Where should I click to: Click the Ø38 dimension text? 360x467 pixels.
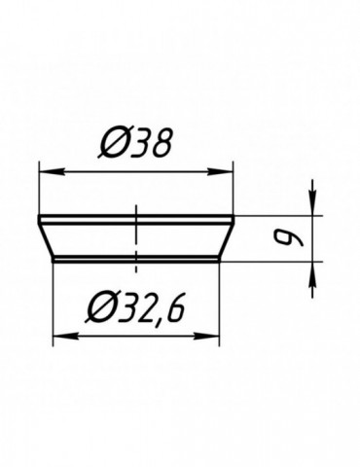tap(136, 145)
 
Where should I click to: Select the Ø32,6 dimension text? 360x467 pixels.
tap(136, 310)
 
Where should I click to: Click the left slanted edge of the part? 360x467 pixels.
tap(46, 238)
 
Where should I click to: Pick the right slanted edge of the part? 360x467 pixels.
tap(227, 238)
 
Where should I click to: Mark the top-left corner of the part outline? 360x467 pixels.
tap(38, 216)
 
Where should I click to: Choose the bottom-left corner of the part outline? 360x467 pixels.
tap(53, 261)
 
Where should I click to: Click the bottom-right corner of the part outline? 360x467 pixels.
tap(220, 261)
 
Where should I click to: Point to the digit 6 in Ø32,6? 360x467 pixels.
tap(175, 310)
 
